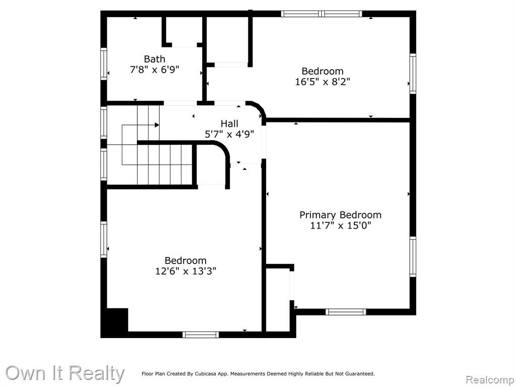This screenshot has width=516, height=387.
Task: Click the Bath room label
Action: pos(154,59)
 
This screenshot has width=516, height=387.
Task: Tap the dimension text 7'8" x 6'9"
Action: pos(154,70)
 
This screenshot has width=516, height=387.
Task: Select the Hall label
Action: pos(229,124)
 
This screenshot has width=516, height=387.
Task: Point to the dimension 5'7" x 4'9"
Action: pos(229,134)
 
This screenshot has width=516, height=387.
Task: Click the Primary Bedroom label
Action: pos(340,215)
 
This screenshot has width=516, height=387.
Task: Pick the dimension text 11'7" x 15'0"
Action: pos(341,226)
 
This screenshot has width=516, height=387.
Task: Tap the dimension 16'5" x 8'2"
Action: pos(322,82)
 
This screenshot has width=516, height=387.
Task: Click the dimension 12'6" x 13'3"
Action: pos(185,271)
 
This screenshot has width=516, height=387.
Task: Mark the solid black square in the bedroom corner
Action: pos(117,320)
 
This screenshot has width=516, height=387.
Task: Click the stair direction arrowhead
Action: pos(157,125)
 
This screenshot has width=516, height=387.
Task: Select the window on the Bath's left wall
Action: pos(104,64)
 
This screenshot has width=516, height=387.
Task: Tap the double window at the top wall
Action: pos(321,14)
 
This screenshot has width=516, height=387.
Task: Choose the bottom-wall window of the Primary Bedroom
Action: pos(346,312)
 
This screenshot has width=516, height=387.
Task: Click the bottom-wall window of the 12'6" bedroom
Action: pos(201,335)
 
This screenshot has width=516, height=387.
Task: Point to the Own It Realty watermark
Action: pos(65,373)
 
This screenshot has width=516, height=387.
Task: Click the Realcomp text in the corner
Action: pos(490,380)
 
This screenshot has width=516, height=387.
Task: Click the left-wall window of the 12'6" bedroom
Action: pos(104,239)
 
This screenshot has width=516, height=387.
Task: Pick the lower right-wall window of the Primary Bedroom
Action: pos(413,256)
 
